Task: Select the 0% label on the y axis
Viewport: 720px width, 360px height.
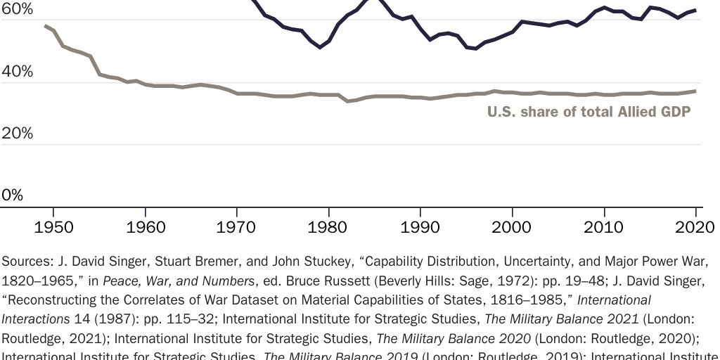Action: [x=12, y=195]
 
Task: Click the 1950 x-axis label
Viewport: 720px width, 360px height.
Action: [x=53, y=227]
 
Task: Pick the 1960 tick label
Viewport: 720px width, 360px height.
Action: [x=146, y=227]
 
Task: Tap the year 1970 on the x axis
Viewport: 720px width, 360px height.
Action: [x=237, y=227]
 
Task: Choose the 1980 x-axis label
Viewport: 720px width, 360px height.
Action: [x=329, y=227]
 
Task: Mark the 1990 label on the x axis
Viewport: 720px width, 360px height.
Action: [x=420, y=227]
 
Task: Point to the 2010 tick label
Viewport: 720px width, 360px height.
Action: [x=604, y=227]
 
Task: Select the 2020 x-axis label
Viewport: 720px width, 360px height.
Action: [x=695, y=227]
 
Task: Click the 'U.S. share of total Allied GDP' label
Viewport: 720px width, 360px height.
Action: [x=589, y=112]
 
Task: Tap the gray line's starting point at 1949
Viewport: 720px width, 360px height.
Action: [x=45, y=25]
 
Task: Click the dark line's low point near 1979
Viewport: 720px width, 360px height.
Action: [x=320, y=47]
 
